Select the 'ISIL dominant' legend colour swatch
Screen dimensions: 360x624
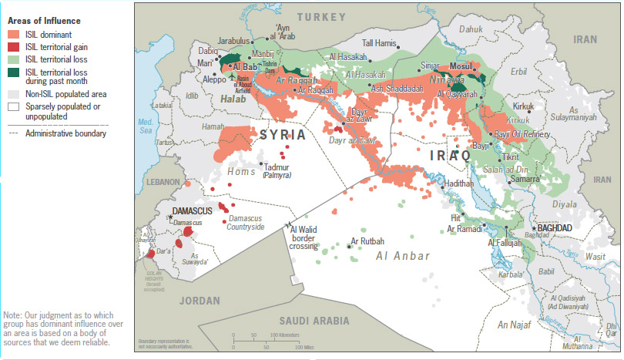[x=13, y=35]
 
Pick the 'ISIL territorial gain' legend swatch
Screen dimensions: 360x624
[x=13, y=47]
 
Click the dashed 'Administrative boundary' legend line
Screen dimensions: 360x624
[x=13, y=133]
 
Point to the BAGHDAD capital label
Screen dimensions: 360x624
[x=555, y=228]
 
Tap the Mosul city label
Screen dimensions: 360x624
[x=461, y=66]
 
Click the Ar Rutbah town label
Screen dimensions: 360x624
[x=367, y=241]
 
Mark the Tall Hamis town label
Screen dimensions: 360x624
[x=380, y=43]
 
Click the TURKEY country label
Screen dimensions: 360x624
[x=324, y=16]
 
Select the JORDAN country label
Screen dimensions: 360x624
[x=199, y=301]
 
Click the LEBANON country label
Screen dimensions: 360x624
[x=163, y=181]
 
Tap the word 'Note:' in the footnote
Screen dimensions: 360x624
[x=13, y=315]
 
